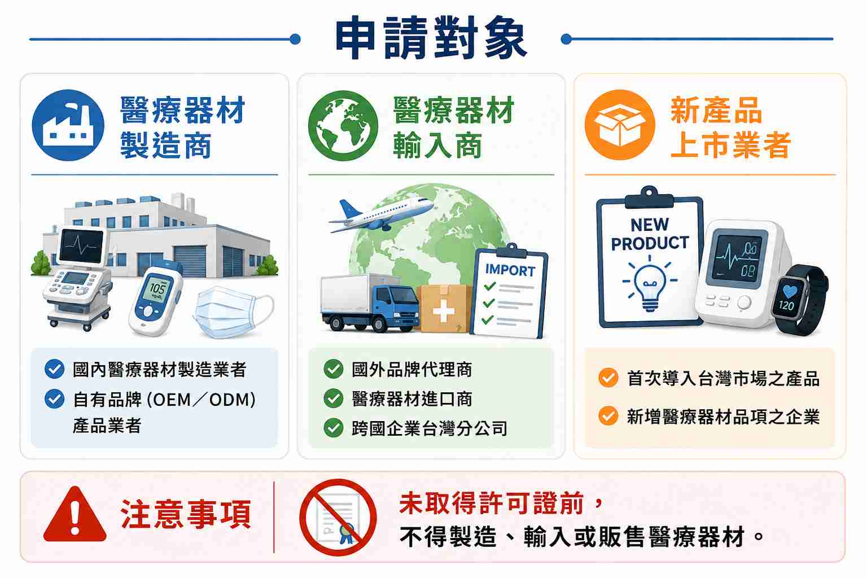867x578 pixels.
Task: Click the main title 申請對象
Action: tap(431, 38)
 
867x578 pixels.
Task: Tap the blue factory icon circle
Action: tap(68, 125)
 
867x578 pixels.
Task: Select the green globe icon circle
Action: tap(343, 125)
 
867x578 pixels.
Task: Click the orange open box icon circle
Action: tap(620, 125)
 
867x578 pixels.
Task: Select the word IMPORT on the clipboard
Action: tap(510, 270)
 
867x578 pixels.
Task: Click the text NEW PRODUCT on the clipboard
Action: tap(650, 234)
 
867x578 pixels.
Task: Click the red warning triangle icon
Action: tap(75, 515)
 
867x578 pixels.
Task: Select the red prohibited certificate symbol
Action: tap(338, 517)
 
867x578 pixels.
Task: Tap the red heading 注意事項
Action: tap(186, 514)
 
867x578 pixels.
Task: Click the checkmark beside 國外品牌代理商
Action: tap(333, 369)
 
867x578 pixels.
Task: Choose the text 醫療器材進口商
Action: tap(412, 399)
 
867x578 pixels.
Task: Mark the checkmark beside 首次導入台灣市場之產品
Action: tap(608, 378)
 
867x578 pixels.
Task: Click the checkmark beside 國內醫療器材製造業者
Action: tap(55, 369)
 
